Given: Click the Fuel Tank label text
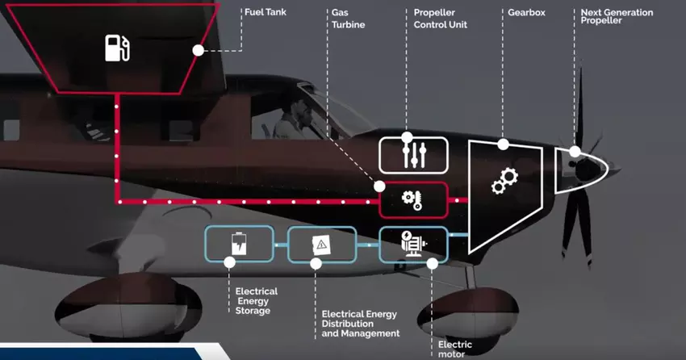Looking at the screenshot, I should [x=265, y=12].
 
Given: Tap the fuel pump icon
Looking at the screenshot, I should [x=117, y=48].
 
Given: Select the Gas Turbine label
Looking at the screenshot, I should [x=348, y=19].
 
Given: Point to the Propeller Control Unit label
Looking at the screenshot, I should [x=440, y=19].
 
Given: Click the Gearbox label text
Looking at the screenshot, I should [x=529, y=13].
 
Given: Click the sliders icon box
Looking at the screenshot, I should [x=412, y=154].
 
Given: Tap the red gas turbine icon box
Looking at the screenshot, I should [x=412, y=199].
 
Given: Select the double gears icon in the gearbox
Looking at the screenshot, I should [x=504, y=181].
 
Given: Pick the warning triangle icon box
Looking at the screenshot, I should [x=322, y=244].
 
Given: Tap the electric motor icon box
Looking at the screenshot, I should [x=412, y=243].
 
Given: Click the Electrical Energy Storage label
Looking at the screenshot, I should [x=256, y=301].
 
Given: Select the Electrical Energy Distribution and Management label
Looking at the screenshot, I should [x=360, y=324].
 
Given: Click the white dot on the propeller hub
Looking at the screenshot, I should [x=575, y=152].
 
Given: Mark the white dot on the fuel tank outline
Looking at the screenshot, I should [x=198, y=50].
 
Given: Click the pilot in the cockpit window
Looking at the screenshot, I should [x=289, y=119].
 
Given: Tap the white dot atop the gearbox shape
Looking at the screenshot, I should [x=503, y=144].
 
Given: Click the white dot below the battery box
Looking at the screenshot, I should [x=230, y=262].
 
